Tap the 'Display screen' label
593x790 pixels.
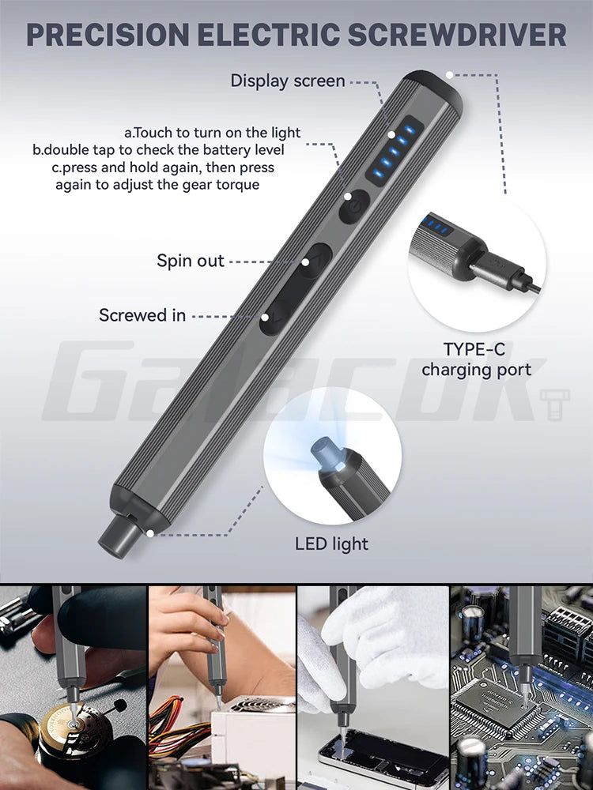click(x=288, y=81)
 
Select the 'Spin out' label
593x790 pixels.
click(x=191, y=261)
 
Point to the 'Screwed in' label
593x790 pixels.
click(x=142, y=315)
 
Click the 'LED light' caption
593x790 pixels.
click(x=331, y=544)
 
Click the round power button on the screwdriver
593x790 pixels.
click(x=353, y=205)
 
